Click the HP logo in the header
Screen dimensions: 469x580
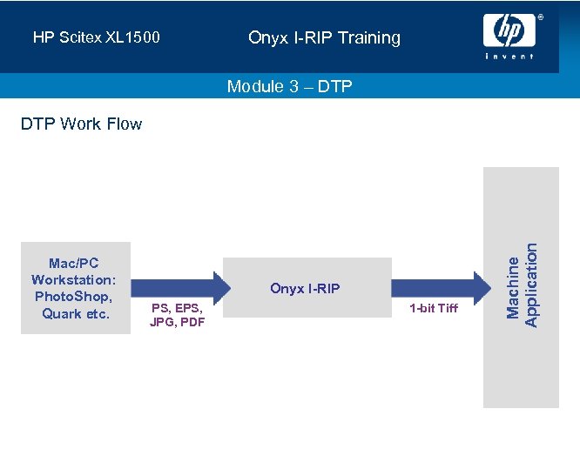pos(509,31)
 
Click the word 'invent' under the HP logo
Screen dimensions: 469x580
pos(509,57)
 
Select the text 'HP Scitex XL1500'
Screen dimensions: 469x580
pos(96,38)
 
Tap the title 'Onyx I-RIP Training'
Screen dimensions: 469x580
pos(324,37)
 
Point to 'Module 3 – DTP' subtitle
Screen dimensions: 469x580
pos(289,86)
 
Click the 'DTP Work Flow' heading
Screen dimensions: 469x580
pos(81,124)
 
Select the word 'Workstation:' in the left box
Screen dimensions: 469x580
pos(74,280)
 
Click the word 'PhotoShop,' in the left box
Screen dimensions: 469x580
pos(74,297)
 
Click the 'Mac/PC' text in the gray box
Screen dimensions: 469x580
pos(74,264)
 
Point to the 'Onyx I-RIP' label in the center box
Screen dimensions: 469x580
pos(305,288)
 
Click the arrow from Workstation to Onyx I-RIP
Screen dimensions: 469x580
pos(178,288)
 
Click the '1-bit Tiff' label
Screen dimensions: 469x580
pos(434,308)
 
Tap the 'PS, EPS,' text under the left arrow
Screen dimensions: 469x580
pos(178,307)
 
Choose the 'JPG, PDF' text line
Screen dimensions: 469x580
pos(178,323)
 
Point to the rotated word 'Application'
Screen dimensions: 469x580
pos(532,285)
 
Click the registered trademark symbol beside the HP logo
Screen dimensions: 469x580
pos(539,17)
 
